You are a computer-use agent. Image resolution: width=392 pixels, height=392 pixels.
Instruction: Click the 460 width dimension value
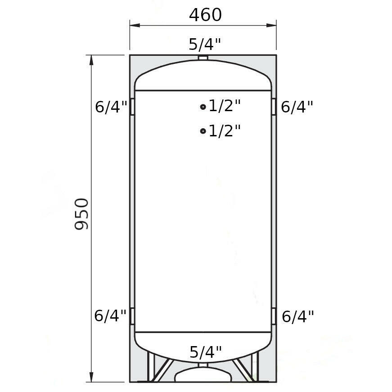205,15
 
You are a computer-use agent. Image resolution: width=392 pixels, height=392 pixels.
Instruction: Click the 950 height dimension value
82,214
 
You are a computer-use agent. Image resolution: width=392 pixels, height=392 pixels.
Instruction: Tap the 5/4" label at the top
205,44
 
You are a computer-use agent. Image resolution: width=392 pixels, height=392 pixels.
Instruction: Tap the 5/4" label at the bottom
206,351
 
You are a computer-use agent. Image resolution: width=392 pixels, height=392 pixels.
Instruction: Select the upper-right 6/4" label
297,107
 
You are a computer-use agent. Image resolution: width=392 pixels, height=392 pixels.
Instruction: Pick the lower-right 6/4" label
297,317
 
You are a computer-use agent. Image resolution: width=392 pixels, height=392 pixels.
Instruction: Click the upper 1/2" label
225,106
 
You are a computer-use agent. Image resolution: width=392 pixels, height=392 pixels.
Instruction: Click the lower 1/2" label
225,131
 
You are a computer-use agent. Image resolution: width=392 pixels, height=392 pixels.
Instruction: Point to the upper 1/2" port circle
203,107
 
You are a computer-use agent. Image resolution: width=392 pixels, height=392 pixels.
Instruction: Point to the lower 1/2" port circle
203,131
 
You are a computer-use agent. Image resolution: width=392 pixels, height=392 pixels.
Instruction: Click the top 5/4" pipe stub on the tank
203,58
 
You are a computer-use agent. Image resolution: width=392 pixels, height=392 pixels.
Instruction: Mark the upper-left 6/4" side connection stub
132,107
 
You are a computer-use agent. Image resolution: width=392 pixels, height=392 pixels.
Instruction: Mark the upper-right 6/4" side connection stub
274,107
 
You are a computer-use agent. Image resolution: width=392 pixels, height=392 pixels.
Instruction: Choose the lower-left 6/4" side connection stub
132,316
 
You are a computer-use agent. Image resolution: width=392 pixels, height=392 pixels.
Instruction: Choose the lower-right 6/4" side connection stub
274,316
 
